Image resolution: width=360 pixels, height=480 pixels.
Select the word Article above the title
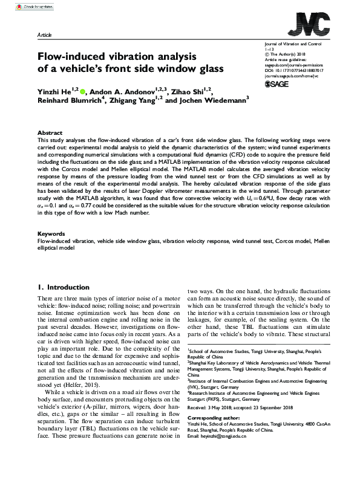pos(45,36)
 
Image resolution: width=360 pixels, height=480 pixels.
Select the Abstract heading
pos(50,132)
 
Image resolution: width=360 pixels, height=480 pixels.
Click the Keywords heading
pos(51,233)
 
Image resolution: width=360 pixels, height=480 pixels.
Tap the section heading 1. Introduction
pos(64,287)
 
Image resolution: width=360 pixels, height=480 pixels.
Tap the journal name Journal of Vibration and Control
pos(293,45)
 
